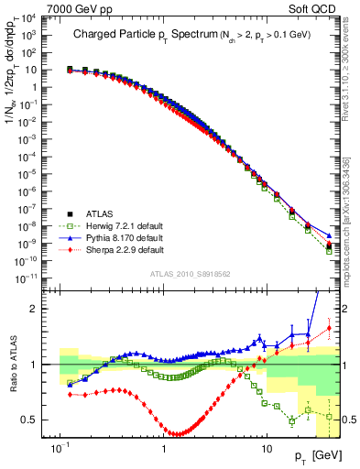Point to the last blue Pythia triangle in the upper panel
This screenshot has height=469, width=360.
[329, 234]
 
